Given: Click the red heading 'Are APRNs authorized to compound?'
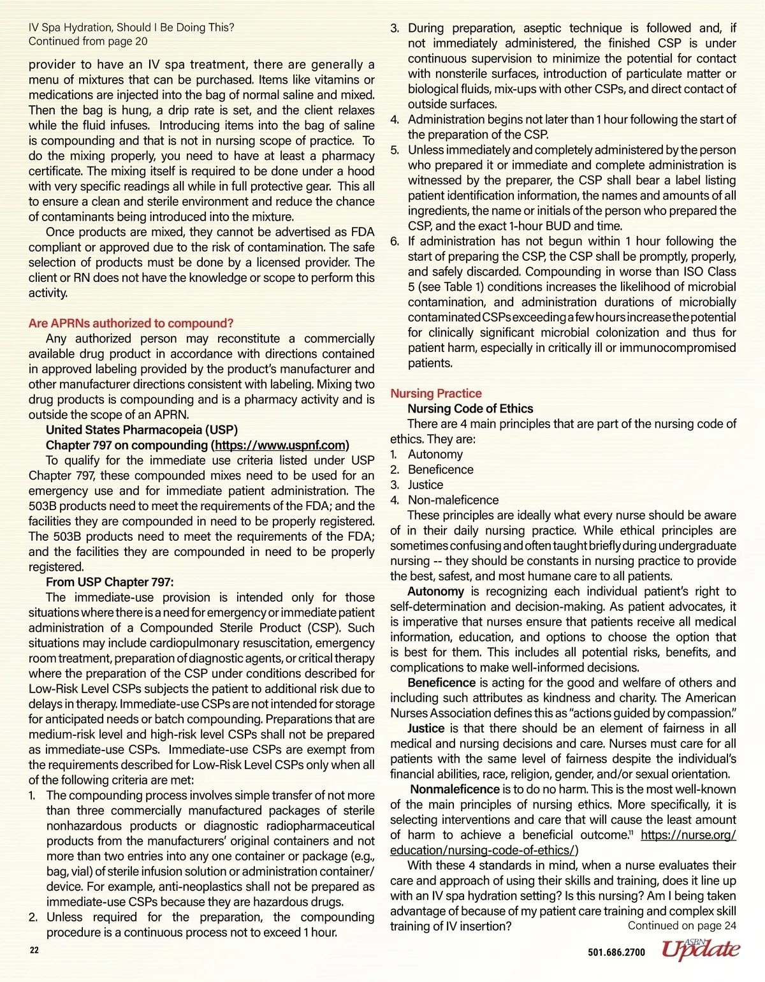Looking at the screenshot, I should (131, 323).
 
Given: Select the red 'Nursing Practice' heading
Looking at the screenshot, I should (436, 393).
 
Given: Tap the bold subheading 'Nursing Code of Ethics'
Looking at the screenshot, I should (470, 409).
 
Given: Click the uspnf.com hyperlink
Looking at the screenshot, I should (280, 445).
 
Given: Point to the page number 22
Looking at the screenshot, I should (34, 950).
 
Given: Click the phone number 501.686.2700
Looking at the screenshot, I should (616, 953).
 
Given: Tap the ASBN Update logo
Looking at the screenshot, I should (701, 949).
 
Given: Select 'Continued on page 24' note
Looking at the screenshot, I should (681, 926).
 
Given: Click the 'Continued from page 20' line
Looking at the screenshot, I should (88, 41).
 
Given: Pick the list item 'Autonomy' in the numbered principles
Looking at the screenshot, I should (435, 455).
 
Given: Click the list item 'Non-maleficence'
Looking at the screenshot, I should (453, 501).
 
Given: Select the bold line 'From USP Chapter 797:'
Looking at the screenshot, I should (110, 582).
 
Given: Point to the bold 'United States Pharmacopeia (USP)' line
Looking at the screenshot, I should (142, 430).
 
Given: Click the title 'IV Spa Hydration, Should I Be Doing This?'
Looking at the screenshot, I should (131, 27).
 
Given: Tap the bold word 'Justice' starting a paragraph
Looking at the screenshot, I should (426, 728).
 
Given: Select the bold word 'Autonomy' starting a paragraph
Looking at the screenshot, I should (435, 591).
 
